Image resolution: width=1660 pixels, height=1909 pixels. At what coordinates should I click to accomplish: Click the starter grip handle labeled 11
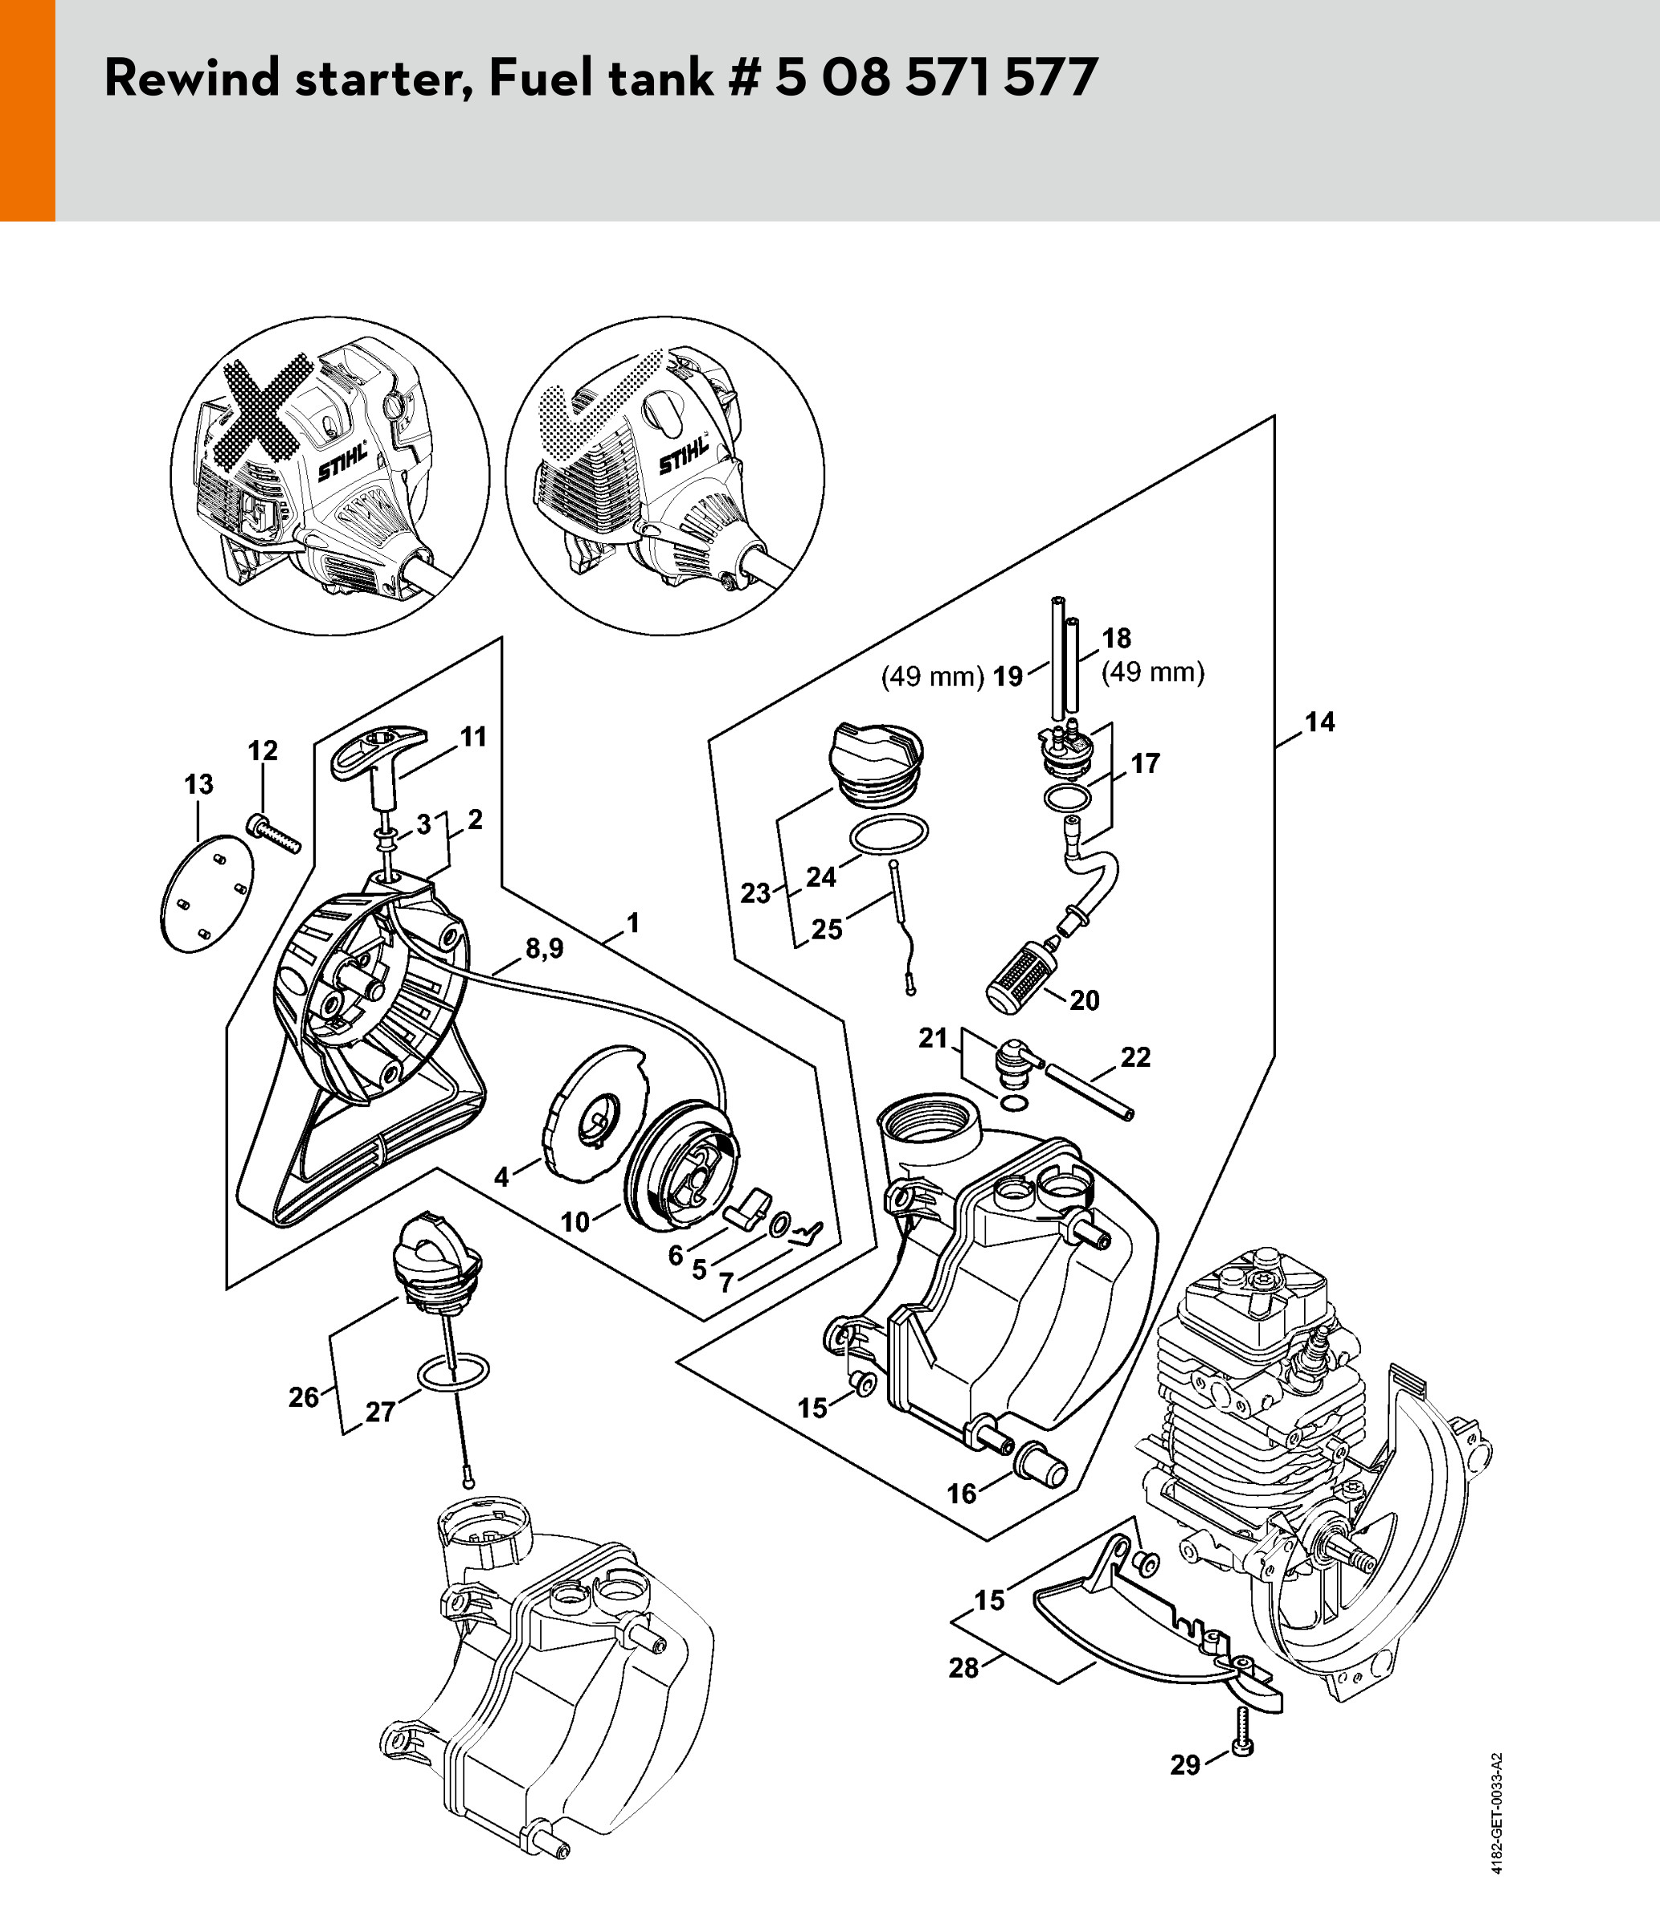378,746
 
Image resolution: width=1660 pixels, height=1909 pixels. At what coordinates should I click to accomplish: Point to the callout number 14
1320,721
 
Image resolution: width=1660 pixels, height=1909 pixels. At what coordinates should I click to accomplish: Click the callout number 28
963,1667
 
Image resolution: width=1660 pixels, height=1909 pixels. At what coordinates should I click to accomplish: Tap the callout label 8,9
544,949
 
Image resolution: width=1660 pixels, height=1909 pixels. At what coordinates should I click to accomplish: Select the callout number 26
303,1396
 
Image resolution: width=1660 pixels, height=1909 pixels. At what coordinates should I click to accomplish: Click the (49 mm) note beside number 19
932,677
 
